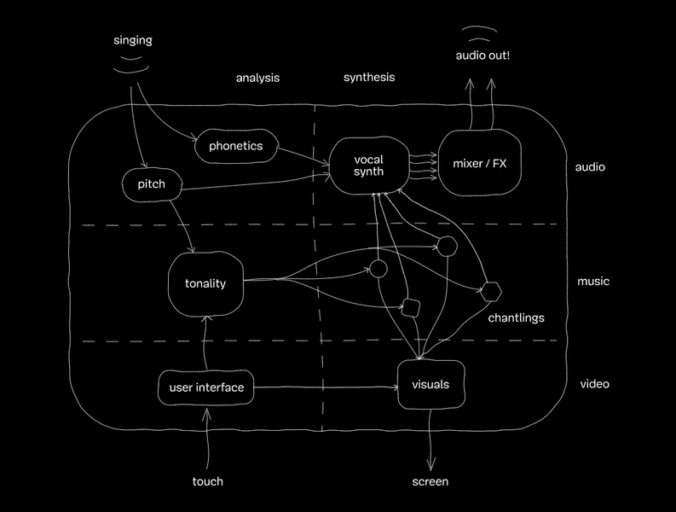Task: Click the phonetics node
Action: tap(235, 146)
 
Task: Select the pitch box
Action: tap(151, 183)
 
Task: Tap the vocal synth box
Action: tap(368, 165)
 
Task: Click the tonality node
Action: tap(205, 283)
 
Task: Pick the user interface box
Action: tap(206, 388)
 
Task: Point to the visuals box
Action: tap(430, 385)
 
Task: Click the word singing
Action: tap(133, 40)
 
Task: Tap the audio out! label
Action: tap(482, 55)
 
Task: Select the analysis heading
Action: tap(257, 78)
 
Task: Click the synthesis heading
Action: tap(369, 77)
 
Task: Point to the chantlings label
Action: tap(516, 318)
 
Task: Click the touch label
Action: tap(207, 481)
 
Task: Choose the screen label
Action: tap(430, 481)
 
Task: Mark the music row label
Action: tap(593, 282)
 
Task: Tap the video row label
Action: tap(594, 384)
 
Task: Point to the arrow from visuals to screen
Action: tap(430, 439)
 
